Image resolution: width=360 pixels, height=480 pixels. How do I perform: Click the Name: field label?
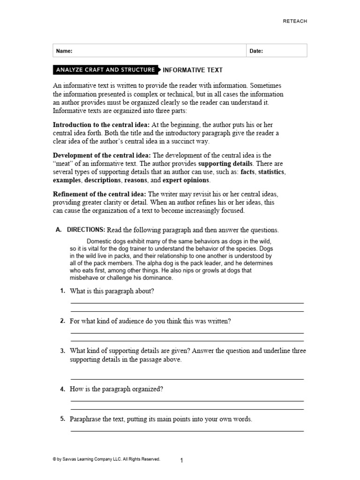(64, 51)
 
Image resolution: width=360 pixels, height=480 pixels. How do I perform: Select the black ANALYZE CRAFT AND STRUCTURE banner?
(105, 70)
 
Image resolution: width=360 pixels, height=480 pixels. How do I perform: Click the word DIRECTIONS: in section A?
(86, 230)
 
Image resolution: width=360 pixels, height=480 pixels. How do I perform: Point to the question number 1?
(62, 291)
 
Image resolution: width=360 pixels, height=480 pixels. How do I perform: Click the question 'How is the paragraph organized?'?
(116, 389)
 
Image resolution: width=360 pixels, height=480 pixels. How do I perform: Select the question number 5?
(62, 419)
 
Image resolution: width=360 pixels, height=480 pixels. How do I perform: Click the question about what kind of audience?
(150, 321)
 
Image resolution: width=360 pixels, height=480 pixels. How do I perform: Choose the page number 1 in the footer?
(181, 460)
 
